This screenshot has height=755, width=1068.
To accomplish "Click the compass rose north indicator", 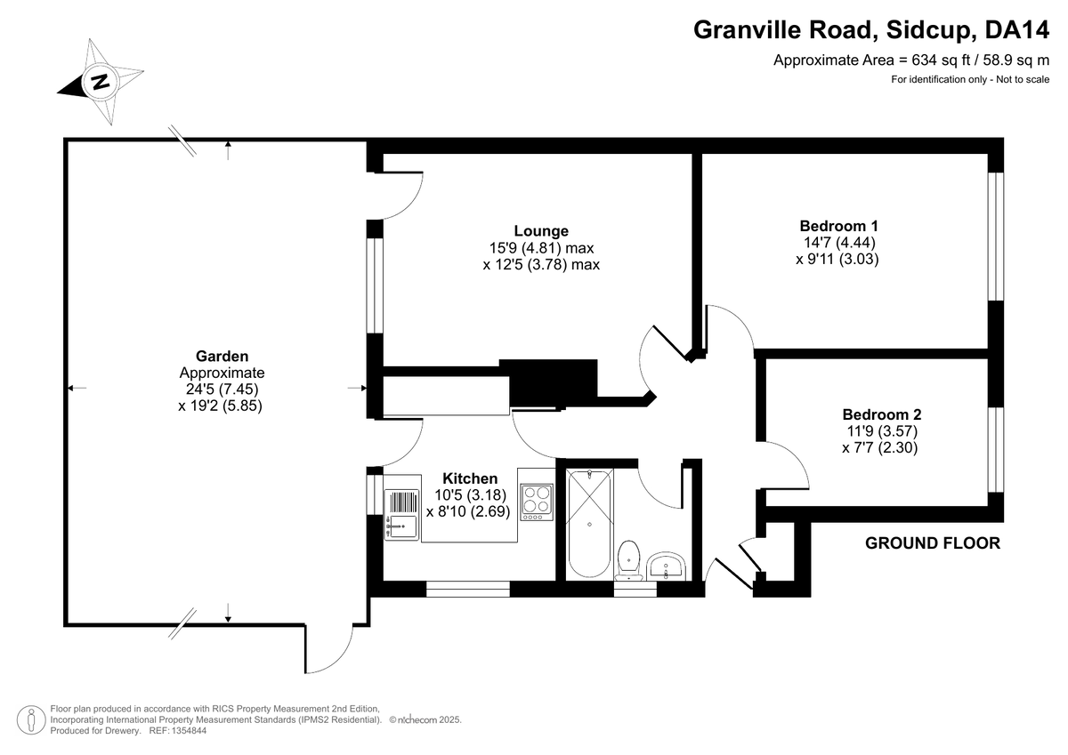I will (101, 83).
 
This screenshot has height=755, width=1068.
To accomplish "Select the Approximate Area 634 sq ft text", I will (911, 60).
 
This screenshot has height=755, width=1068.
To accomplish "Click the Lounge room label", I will (540, 231).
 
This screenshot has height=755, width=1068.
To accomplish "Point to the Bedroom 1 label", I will (839, 226).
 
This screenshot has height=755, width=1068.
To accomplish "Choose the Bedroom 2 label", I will (881, 414).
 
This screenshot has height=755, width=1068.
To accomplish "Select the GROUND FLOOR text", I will (932, 543).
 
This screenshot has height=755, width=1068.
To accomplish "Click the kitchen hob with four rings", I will (537, 501).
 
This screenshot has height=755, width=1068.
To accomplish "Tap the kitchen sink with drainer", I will (401, 514).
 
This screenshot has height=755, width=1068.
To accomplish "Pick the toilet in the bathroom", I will (630, 558).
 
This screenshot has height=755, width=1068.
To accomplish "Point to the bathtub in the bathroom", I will (589, 522).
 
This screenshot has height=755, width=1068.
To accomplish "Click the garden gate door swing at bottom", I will (331, 649).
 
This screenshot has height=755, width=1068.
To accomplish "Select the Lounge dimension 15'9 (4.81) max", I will (540, 248).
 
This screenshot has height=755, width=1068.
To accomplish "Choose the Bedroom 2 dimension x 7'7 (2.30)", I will (879, 448).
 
